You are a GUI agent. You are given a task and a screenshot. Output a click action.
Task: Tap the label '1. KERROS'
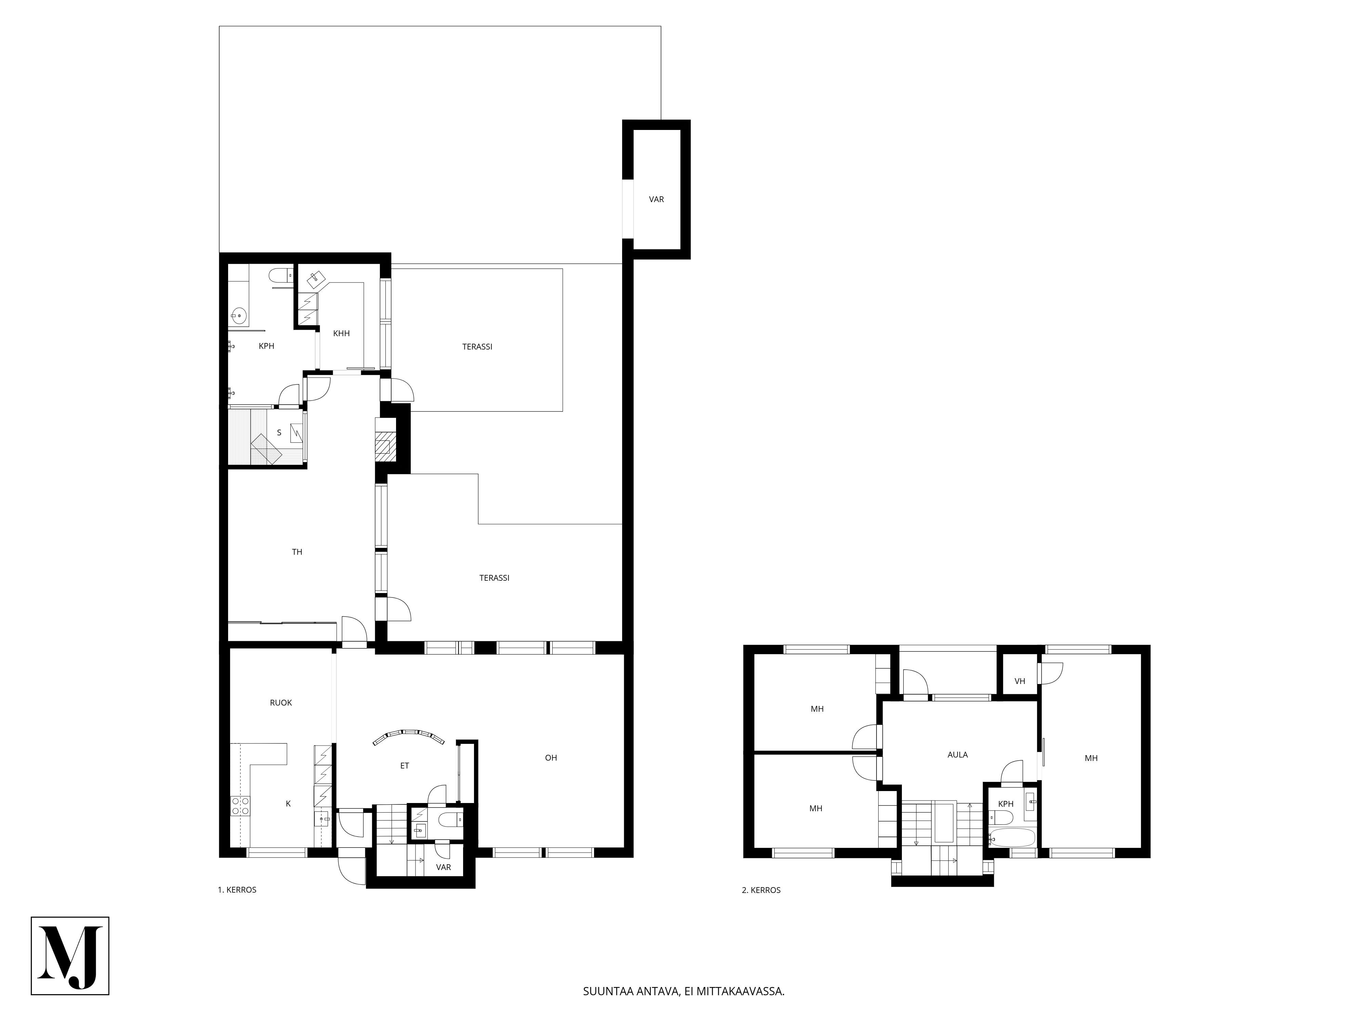[237, 890]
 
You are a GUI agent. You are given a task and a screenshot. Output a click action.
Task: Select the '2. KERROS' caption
[761, 890]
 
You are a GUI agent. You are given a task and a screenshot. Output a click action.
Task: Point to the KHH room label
[341, 333]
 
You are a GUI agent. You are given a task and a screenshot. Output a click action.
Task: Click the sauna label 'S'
[279, 433]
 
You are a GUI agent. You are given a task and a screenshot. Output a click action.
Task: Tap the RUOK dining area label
[281, 702]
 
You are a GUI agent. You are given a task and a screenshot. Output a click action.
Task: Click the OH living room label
[551, 758]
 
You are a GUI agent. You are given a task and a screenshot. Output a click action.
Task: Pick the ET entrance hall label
[405, 766]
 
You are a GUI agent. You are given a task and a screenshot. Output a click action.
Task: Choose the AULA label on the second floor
[958, 754]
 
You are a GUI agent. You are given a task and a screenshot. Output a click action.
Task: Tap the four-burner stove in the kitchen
[240, 806]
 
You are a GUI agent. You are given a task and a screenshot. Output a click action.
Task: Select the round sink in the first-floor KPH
[239, 316]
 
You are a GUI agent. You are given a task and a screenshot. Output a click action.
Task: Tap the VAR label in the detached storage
[656, 199]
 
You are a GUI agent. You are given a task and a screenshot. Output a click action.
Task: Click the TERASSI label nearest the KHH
[477, 346]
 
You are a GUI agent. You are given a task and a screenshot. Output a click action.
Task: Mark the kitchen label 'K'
[288, 803]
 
